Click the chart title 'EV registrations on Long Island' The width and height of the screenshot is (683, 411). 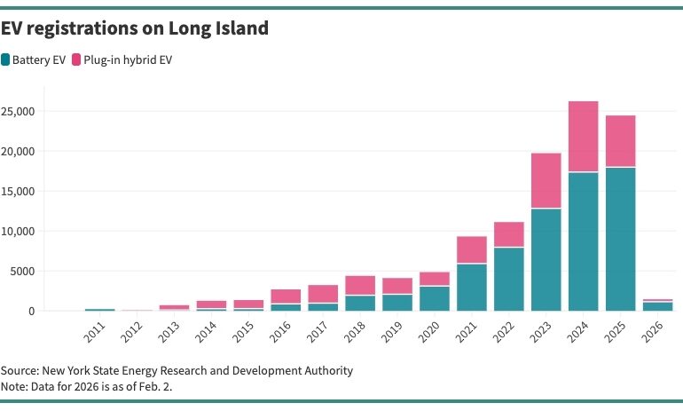point(135,28)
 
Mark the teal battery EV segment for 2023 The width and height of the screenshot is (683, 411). point(546,259)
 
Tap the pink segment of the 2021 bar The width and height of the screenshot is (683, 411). point(472,249)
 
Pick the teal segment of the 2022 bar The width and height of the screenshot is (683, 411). point(509,279)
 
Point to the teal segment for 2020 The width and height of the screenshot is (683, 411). point(435,298)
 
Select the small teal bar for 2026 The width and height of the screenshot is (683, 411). point(658,306)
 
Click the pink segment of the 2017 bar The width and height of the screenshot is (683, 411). point(323,294)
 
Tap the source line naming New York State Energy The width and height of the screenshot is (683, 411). point(177,370)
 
